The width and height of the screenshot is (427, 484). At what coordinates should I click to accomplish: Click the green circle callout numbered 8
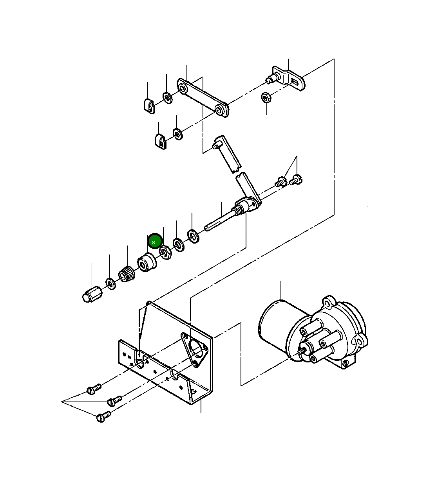point(155,242)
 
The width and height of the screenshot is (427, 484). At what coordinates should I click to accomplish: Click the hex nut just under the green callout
point(165,253)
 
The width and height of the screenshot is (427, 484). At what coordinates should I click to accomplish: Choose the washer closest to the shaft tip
point(193,236)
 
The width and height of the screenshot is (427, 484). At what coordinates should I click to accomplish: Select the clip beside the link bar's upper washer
point(148,106)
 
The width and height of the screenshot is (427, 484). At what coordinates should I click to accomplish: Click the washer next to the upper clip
point(168,97)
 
